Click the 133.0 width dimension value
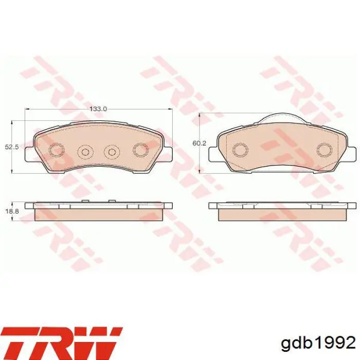[x=99, y=109]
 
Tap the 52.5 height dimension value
[x=12, y=147]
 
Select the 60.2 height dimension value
[x=200, y=143]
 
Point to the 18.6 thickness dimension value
[x=12, y=211]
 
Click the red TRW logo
[x=62, y=342]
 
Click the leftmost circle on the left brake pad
[x=57, y=150]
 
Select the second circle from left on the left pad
[x=85, y=152]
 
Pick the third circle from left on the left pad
[x=112, y=152]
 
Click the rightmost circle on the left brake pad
[x=140, y=150]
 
